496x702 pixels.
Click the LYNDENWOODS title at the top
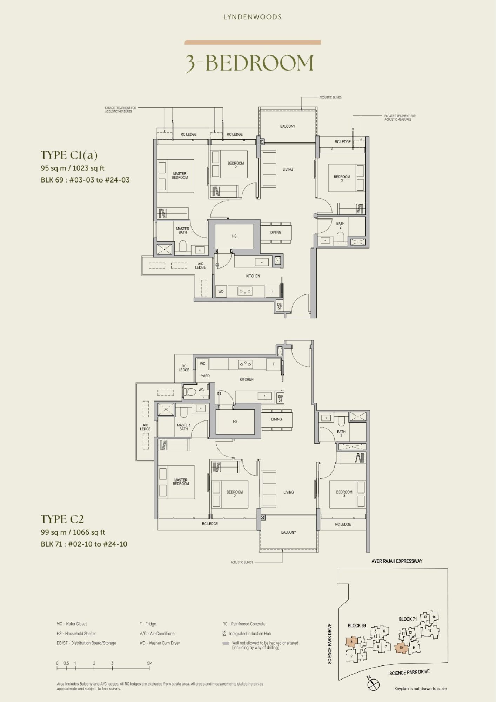253,17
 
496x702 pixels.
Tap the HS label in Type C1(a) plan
234,236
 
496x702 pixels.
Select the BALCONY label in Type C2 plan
288,532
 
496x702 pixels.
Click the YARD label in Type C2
205,376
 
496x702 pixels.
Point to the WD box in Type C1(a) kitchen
221,291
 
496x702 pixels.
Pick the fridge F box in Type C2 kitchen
274,364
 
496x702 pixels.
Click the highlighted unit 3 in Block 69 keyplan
351,642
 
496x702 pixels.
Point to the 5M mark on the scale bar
150,663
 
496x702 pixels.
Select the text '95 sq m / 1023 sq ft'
73,168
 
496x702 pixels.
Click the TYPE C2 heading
62,519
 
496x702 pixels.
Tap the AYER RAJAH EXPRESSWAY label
397,561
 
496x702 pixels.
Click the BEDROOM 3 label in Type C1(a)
342,178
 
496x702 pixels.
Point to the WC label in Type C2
201,390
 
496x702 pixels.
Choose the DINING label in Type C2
276,419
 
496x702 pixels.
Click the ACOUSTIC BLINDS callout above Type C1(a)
330,97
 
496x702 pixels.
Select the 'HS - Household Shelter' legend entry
76,634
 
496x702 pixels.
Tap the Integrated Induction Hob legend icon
224,634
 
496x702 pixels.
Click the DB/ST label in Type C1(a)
280,306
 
